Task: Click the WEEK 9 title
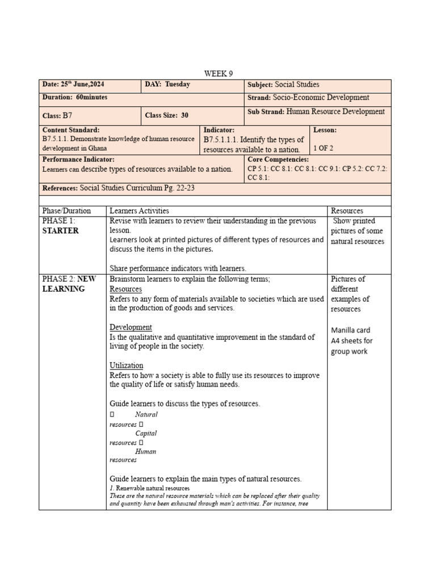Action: coord(219,73)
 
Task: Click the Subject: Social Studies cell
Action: coord(283,84)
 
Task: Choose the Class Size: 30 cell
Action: coord(166,115)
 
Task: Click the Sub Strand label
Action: coord(266,112)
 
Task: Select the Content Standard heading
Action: coord(70,130)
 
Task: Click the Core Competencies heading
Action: coord(278,160)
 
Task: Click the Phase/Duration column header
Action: coord(66,211)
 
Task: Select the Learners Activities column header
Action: coord(139,211)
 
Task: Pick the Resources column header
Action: coord(347,211)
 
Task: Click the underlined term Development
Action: coord(131,327)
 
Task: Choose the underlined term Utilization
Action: coord(126,365)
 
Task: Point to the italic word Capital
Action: coord(146,433)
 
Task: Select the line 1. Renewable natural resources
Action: coord(149,488)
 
